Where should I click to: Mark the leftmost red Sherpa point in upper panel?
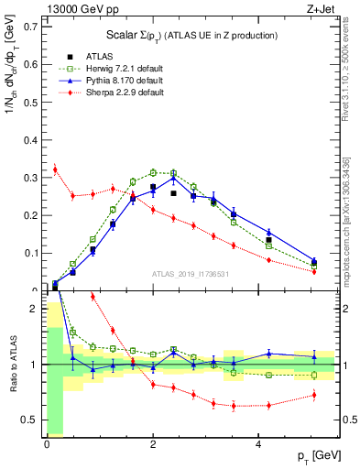pyautogui.click(x=55, y=169)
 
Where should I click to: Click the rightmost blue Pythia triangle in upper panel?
pyautogui.click(x=314, y=261)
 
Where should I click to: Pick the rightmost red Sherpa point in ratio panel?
pyautogui.click(x=314, y=395)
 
